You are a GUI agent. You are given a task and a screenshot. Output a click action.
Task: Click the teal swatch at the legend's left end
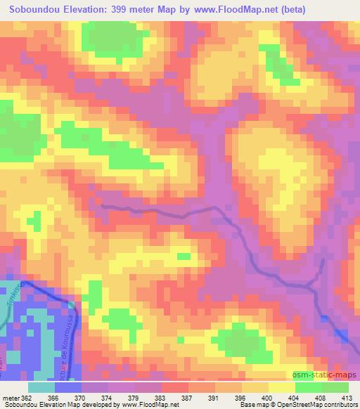(41, 387)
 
